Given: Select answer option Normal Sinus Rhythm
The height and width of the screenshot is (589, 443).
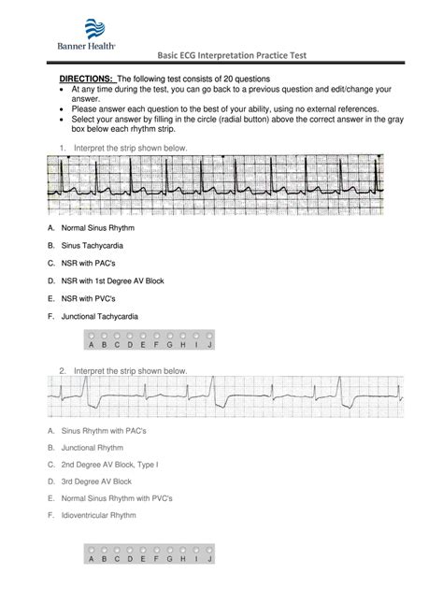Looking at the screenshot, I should click(85, 228).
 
